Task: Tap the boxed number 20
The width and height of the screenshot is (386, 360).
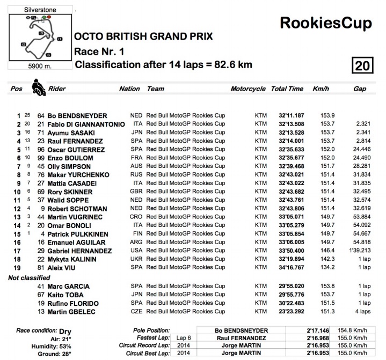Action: coord(361,66)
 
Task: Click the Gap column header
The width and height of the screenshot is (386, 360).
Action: coord(359,89)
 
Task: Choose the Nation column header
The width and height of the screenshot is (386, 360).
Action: coord(129,89)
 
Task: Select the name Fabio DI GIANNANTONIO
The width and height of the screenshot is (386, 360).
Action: coord(86,124)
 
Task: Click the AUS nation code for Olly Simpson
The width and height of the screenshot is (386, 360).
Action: coord(136,166)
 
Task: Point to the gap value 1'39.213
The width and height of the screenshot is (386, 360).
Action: coord(359,251)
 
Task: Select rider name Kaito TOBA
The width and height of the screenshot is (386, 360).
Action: coord(67,295)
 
